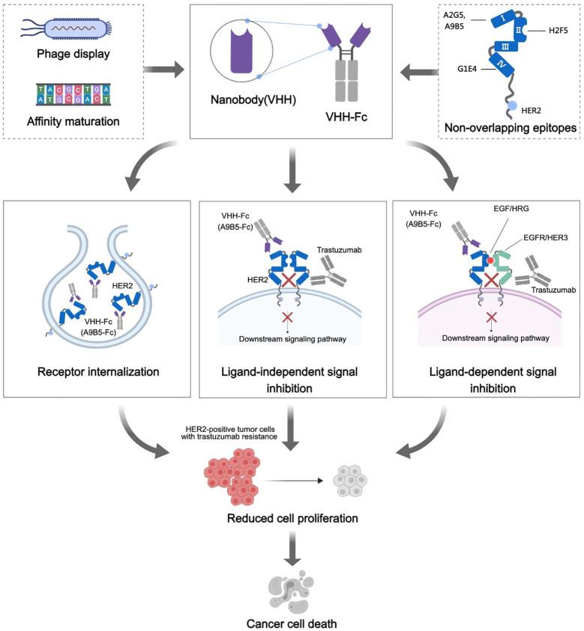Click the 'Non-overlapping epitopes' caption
509,127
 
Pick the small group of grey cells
347,476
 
